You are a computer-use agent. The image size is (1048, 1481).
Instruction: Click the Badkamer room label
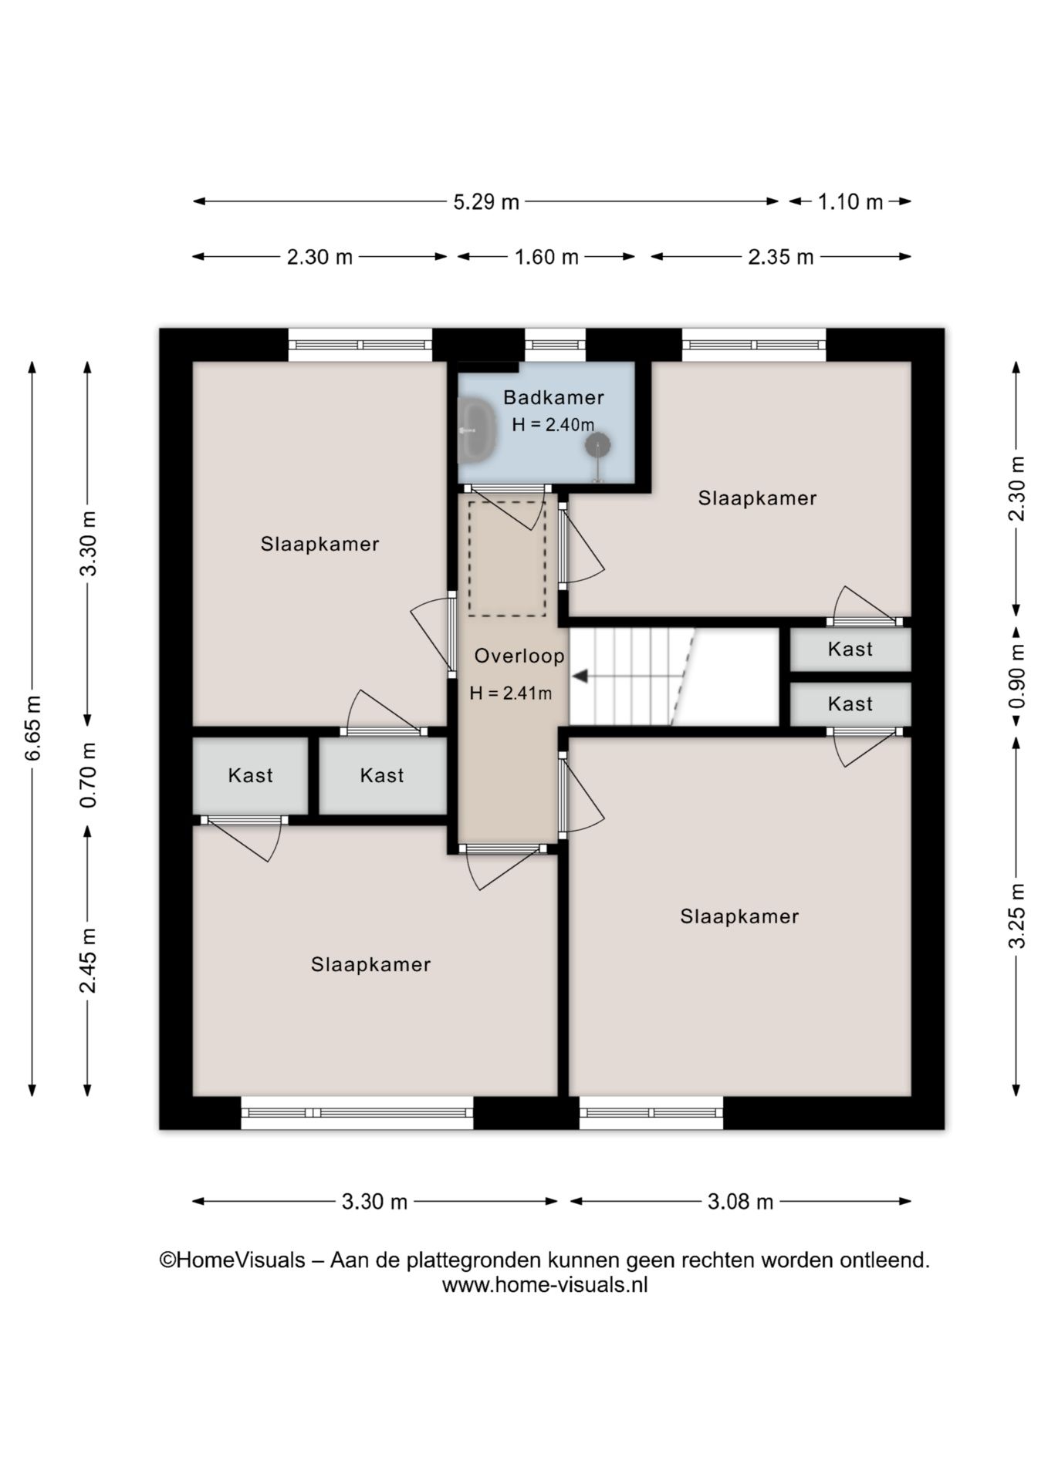click(553, 397)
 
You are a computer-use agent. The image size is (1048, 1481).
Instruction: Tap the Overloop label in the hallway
click(519, 656)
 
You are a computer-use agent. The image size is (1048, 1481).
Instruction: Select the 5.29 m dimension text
click(486, 202)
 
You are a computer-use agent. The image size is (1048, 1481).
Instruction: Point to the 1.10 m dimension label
click(850, 202)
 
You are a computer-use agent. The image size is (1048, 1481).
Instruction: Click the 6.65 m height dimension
click(33, 728)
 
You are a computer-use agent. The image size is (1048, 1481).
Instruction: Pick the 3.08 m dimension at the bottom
click(740, 1201)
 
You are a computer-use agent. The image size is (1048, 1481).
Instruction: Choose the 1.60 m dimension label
click(546, 257)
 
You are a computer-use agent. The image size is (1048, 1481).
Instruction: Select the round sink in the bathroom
click(597, 444)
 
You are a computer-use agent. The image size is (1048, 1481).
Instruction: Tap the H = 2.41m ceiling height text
click(511, 693)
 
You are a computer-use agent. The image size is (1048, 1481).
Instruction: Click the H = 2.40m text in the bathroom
click(553, 424)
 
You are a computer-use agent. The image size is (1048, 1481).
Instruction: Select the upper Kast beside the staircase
click(850, 649)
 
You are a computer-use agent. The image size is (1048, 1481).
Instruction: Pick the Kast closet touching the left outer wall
click(250, 775)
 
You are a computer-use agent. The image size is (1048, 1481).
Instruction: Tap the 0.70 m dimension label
click(89, 775)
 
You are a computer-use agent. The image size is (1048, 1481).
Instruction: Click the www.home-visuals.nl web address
click(544, 1285)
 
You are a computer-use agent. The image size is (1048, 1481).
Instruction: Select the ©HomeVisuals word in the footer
click(232, 1260)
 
